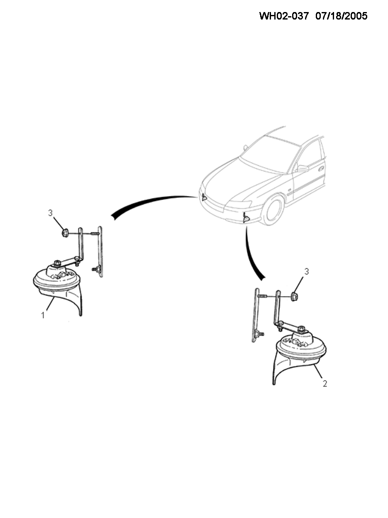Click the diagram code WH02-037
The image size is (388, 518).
[284, 16]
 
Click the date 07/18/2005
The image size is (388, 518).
[342, 16]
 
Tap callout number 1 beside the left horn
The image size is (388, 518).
[43, 315]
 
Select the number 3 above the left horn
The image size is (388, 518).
[50, 213]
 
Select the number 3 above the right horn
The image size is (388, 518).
[306, 272]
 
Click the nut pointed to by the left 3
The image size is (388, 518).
[65, 233]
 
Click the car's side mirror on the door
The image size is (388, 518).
[303, 168]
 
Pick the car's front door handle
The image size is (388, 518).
[321, 169]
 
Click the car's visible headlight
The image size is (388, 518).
[239, 204]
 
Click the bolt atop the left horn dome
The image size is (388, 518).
[57, 263]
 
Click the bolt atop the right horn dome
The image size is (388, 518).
[302, 328]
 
